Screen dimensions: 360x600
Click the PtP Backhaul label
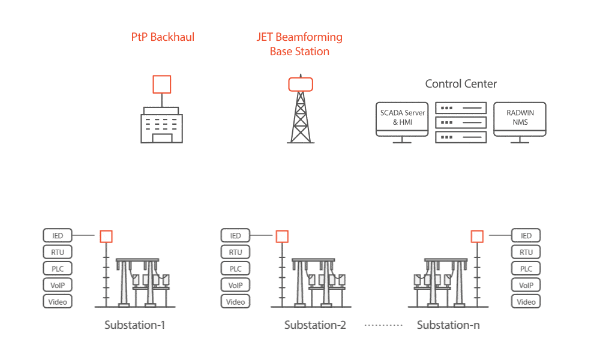[163, 37]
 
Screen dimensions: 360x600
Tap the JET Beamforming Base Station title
[299, 44]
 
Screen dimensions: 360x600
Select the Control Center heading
[461, 84]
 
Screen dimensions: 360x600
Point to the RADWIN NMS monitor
[519, 118]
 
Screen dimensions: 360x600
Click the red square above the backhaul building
[161, 84]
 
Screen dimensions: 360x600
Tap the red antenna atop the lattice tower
[300, 83]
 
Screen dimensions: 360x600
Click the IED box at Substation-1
[58, 236]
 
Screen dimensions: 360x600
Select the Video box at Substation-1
[58, 301]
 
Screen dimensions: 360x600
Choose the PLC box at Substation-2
[235, 269]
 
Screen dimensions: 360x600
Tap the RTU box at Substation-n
[526, 253]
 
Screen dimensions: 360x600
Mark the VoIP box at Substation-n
[526, 286]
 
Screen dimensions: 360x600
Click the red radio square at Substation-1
[106, 236]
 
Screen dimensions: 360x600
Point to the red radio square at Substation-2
[282, 236]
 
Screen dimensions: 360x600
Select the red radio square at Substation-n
[477, 236]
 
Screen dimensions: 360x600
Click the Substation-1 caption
[134, 326]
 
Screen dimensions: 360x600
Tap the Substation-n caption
[448, 326]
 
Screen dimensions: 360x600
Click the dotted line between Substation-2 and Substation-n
[382, 326]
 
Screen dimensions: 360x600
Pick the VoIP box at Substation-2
[235, 286]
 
